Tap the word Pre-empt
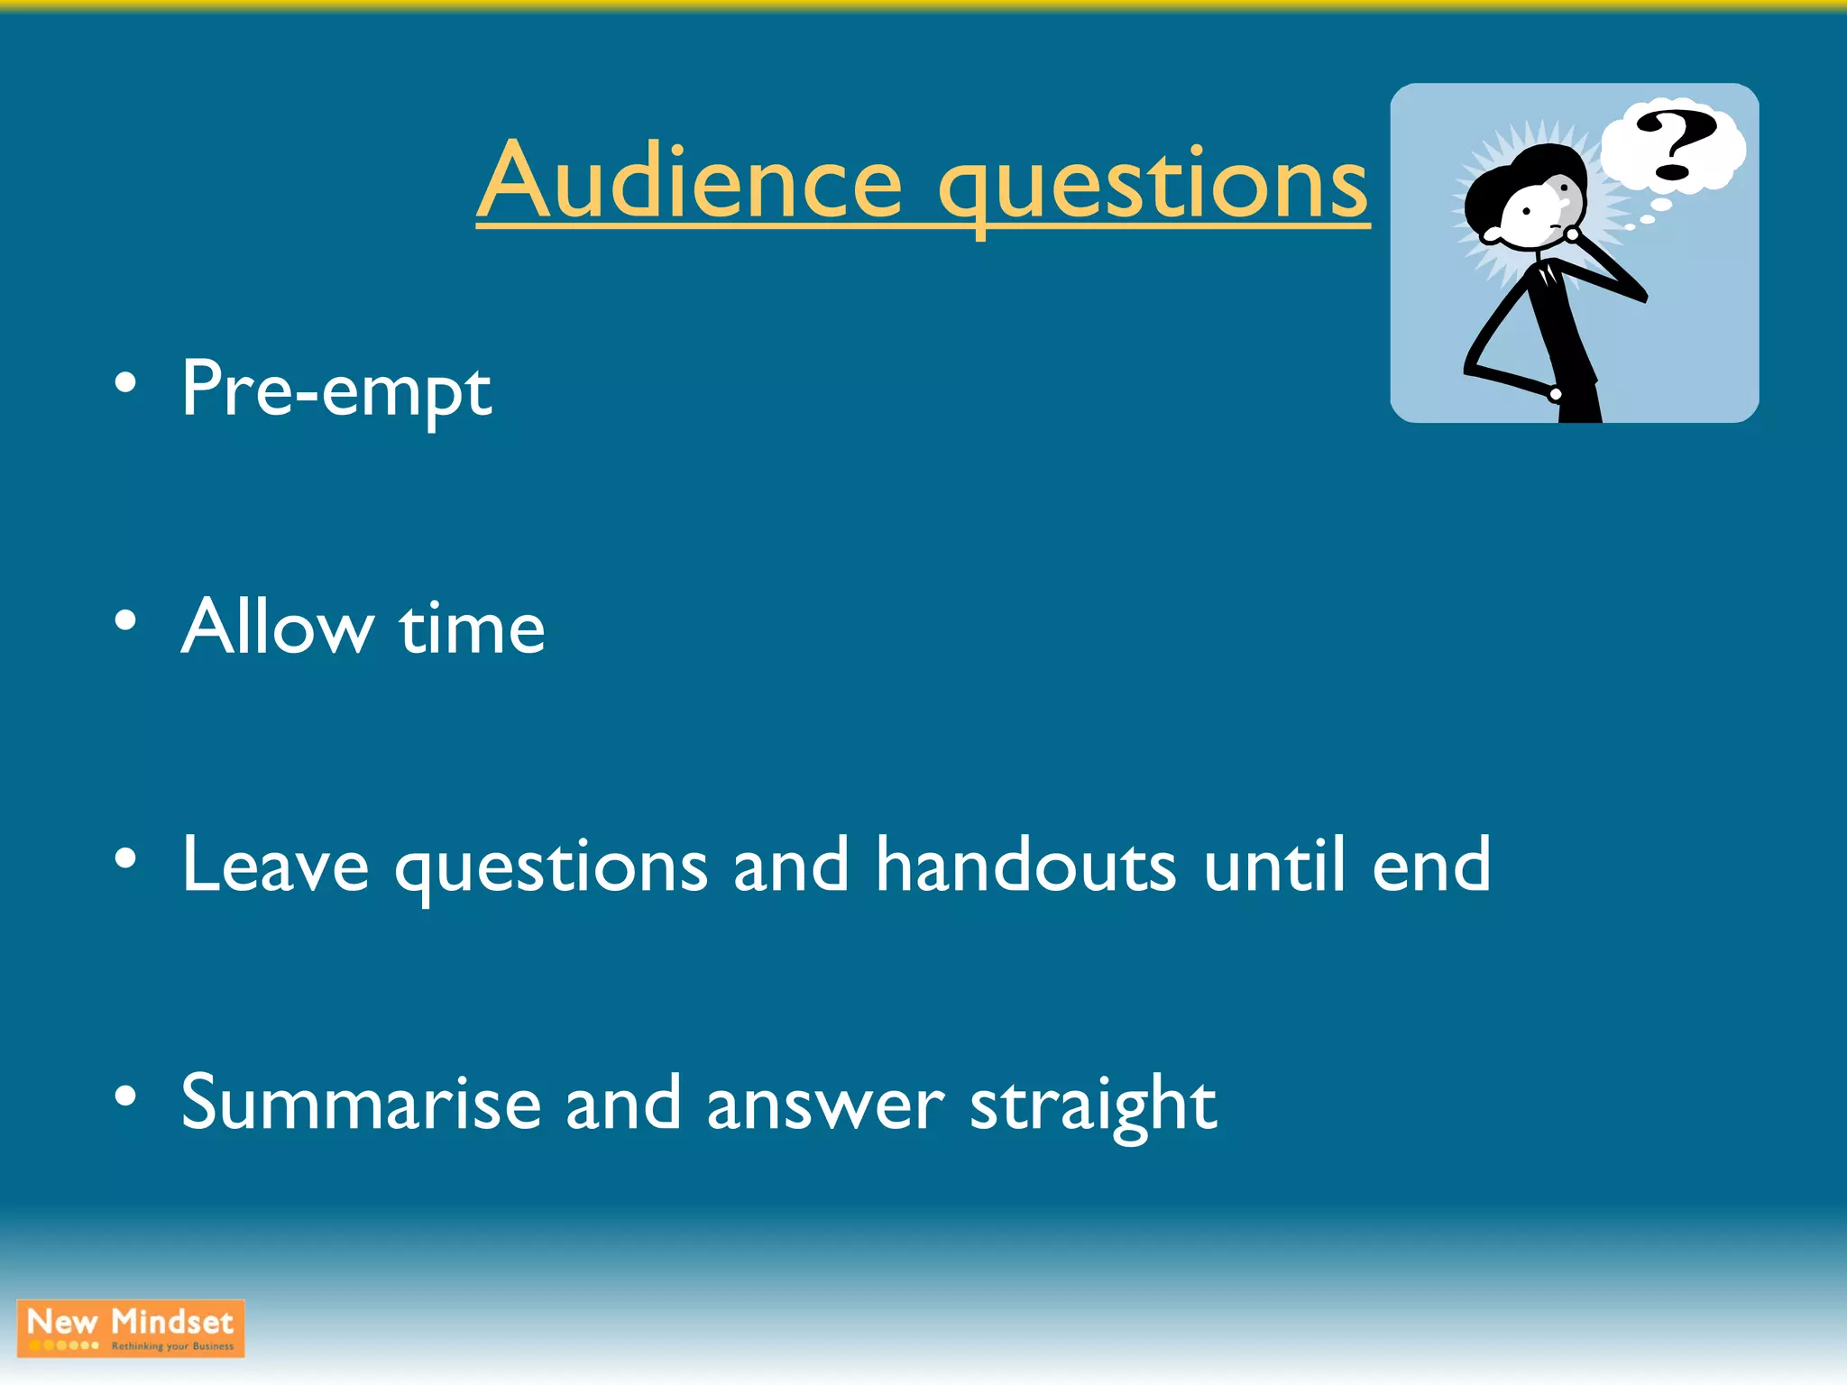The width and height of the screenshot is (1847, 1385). coord(335,390)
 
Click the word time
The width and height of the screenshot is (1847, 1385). coord(472,628)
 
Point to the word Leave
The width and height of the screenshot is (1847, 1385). coord(275,865)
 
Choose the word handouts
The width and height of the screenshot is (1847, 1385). coord(1025,865)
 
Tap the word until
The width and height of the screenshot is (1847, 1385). coord(1274,865)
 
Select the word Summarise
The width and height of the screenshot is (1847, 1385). coord(361,1103)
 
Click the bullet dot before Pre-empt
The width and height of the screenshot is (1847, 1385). coord(125,383)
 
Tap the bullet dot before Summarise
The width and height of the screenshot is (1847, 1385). coord(125,1096)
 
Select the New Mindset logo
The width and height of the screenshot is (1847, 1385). coord(131,1328)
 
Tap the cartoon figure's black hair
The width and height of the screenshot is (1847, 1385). coord(1515,176)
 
